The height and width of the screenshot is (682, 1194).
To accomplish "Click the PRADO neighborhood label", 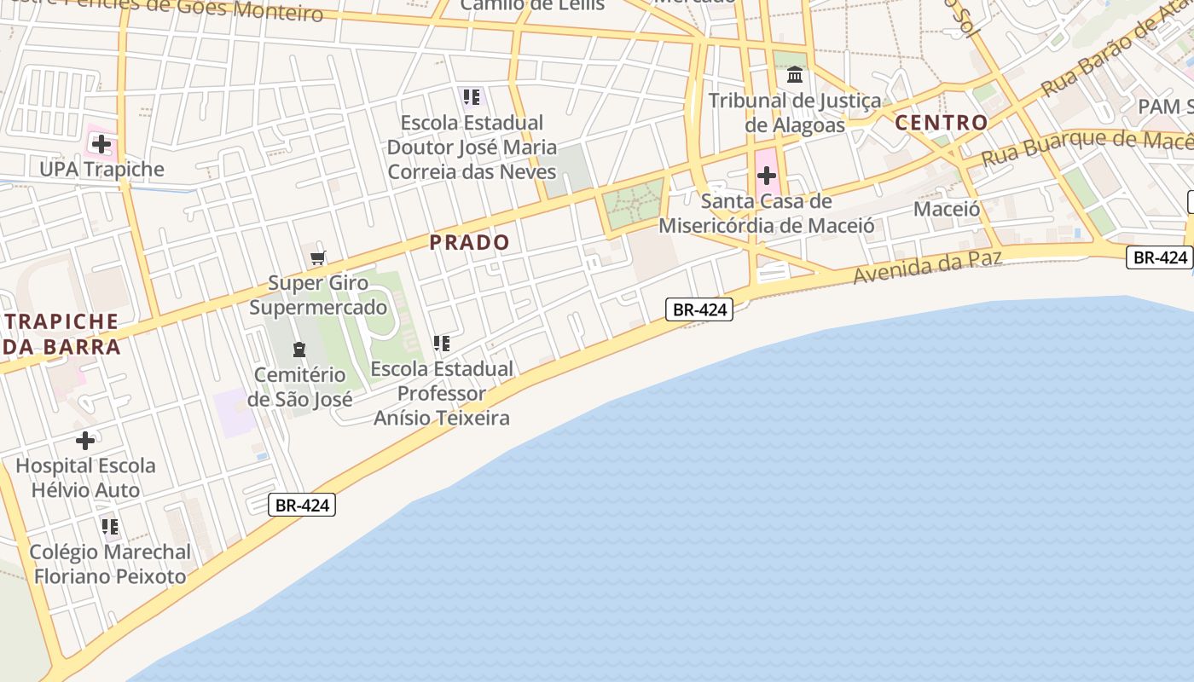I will (x=469, y=242).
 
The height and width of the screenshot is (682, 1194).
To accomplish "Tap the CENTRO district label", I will (x=942, y=123).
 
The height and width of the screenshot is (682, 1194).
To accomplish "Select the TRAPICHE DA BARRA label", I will (x=61, y=334).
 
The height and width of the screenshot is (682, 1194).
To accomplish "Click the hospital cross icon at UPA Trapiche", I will (x=101, y=144).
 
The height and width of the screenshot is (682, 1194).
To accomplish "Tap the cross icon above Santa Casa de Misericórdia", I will (x=767, y=176).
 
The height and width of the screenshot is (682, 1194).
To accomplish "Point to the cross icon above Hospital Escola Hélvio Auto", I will (x=85, y=441).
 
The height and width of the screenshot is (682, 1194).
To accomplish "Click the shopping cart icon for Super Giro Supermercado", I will (x=318, y=257).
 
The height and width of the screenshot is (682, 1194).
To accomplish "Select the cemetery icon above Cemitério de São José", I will (x=298, y=349).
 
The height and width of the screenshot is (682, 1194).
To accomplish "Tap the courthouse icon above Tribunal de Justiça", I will (x=795, y=75).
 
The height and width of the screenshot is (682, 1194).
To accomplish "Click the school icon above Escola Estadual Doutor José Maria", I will (x=472, y=97).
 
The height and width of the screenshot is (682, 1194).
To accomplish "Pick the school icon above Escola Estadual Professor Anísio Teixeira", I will (x=441, y=344).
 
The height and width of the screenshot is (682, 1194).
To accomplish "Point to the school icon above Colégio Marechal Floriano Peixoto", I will (x=110, y=526).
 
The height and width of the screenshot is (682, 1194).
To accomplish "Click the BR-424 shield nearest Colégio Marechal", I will (x=303, y=505).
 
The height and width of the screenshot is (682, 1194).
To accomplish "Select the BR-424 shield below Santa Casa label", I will (x=699, y=309).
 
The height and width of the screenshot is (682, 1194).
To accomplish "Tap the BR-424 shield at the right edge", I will (x=1159, y=257).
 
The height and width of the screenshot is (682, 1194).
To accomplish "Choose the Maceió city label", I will (x=947, y=209).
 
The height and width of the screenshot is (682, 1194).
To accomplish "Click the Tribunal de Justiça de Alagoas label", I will (x=795, y=113).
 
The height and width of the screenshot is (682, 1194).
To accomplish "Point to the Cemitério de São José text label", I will (x=299, y=387).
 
